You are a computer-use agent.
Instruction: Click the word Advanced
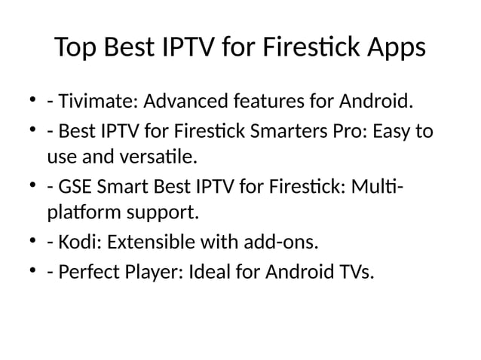180,100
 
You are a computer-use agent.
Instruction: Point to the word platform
79,214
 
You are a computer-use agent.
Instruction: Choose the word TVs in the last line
354,272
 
